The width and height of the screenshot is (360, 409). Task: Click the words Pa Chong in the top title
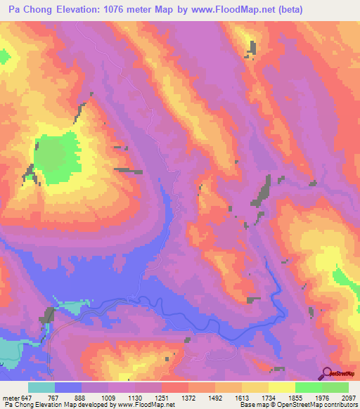click(29, 10)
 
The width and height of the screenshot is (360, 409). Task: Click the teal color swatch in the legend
click(41, 387)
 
